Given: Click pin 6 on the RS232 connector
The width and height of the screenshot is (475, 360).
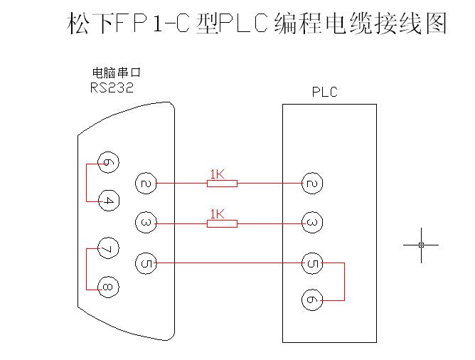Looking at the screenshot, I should coord(107,163).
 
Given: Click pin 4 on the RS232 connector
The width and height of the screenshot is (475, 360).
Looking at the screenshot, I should coord(107,201).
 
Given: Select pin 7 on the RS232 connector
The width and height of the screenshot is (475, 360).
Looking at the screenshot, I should coord(107,248).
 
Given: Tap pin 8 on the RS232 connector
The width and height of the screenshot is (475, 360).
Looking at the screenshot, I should coord(107,287).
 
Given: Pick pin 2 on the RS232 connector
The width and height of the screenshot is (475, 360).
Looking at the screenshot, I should coord(146,183).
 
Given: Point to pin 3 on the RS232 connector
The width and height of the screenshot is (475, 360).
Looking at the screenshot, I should coord(146,223).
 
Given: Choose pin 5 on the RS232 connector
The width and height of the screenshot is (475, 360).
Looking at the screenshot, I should coord(146,263).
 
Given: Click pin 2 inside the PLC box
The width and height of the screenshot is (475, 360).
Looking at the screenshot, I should coord(311,183).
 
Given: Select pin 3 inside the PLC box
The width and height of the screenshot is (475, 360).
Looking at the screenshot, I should coord(311,223).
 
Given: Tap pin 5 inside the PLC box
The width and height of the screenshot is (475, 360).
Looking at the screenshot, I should coord(311,263).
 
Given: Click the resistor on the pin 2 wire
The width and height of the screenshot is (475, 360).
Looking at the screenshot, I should coord(222,184).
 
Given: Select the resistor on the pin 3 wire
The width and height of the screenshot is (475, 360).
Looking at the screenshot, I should coord(222,223).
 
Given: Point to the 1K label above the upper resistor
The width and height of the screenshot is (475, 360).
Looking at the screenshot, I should coord(217,174).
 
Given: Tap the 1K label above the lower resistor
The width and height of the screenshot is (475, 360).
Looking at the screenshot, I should coord(217,213).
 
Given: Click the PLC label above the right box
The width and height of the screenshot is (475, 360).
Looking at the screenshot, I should coord(324,92).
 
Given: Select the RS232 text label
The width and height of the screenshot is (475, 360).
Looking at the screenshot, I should coord(112,88).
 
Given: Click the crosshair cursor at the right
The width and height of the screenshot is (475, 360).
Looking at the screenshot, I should coord(421,245).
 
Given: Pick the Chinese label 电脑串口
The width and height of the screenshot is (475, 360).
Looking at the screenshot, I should coord(117,73).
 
